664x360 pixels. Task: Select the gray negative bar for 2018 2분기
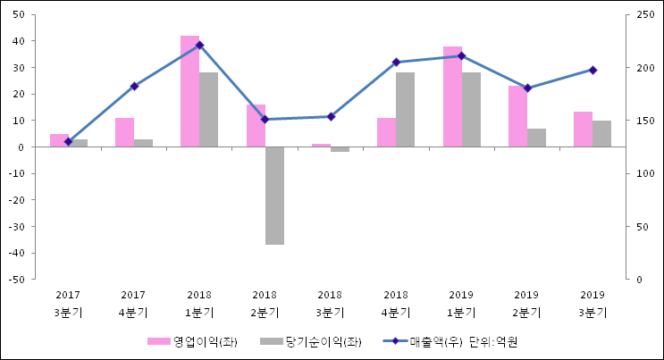coord(274,196)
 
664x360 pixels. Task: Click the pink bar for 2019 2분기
coord(517,116)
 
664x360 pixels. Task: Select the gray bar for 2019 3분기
coord(601,133)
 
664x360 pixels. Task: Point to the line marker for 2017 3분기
coord(68,142)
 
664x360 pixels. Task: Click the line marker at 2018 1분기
coord(199,45)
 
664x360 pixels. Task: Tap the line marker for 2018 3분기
coord(331,116)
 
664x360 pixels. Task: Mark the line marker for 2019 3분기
coord(593,70)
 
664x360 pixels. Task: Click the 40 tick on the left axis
coord(18,41)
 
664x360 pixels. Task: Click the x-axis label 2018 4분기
coord(396,303)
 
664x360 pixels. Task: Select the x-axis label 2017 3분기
coord(68,303)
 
